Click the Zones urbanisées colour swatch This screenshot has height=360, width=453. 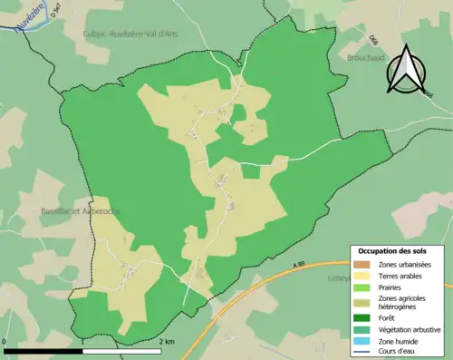[x=364, y=264]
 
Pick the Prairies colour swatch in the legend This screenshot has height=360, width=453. [x=364, y=287]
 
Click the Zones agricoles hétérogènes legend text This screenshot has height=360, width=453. [x=407, y=302]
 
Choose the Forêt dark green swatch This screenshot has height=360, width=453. [x=364, y=318]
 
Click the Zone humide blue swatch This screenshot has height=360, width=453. [x=364, y=340]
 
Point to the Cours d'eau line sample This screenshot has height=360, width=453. [x=364, y=351]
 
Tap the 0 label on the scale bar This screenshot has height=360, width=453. [x=5, y=341]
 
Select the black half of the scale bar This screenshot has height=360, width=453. [x=44, y=350]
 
